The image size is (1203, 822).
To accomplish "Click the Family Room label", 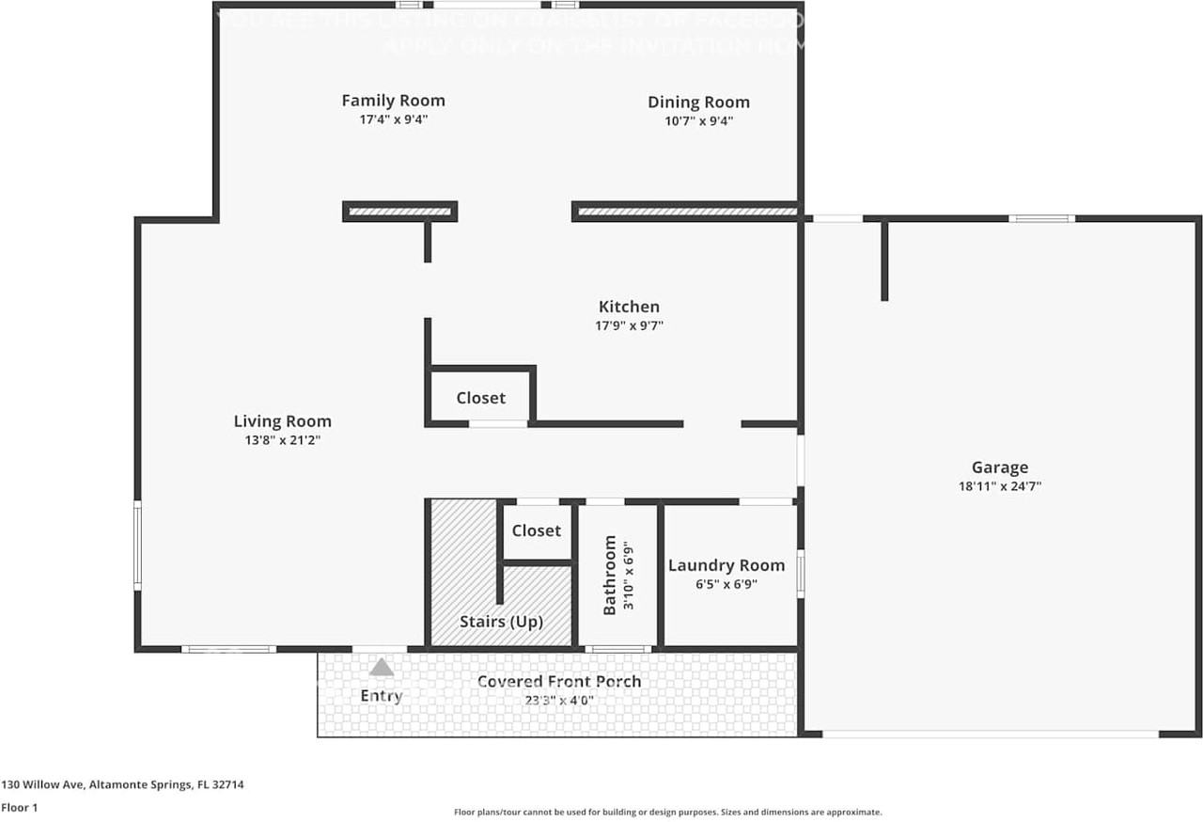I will point(393,101).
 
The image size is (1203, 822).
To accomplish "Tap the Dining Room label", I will point(698,103).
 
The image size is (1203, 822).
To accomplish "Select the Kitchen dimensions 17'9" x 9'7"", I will point(630,325).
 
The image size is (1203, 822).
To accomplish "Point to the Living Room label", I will point(282,421).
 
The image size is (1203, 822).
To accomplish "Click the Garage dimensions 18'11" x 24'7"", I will point(999,486).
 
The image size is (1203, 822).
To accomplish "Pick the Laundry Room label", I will point(726,565).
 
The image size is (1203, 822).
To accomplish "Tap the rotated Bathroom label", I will point(610,575).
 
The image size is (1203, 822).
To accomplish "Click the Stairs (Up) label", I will point(501,622).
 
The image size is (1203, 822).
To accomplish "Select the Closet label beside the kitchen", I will point(480,398).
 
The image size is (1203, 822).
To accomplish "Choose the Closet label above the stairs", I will point(536,530).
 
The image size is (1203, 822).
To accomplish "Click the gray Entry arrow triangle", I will point(381,668).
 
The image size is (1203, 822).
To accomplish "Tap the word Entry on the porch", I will point(381,696).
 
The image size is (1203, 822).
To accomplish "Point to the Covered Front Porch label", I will point(558,682).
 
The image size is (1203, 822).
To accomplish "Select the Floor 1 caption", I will point(19,807).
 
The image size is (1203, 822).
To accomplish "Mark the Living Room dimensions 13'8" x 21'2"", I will point(282,440).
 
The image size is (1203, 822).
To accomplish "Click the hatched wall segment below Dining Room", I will point(686,212).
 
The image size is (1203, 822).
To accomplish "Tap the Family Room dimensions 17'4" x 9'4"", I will point(393,119).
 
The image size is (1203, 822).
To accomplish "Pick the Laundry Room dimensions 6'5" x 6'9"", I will point(726,584).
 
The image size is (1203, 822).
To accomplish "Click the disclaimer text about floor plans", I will point(667,812).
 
